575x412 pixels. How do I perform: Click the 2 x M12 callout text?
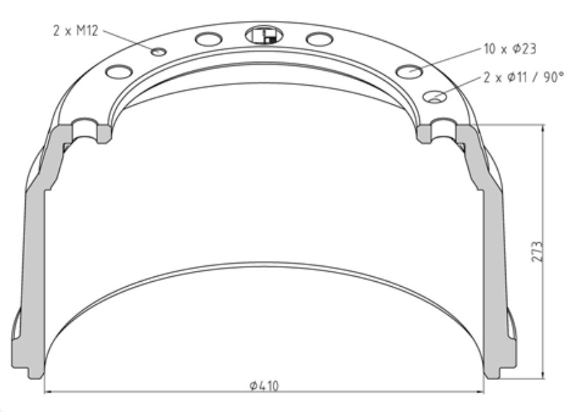[x=76, y=31]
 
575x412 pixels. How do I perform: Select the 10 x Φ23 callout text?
[x=510, y=49]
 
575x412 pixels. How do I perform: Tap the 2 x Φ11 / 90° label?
[x=524, y=77]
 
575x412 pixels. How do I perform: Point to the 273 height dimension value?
[x=537, y=251]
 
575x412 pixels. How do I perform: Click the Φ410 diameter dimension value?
[x=264, y=386]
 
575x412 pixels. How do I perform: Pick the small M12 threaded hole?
[x=159, y=51]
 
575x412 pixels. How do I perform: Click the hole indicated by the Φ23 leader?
[x=410, y=71]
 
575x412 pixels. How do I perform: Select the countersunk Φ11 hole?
[x=435, y=97]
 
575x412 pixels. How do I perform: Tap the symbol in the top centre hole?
[x=264, y=35]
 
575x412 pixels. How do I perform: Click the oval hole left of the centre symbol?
[x=209, y=39]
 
